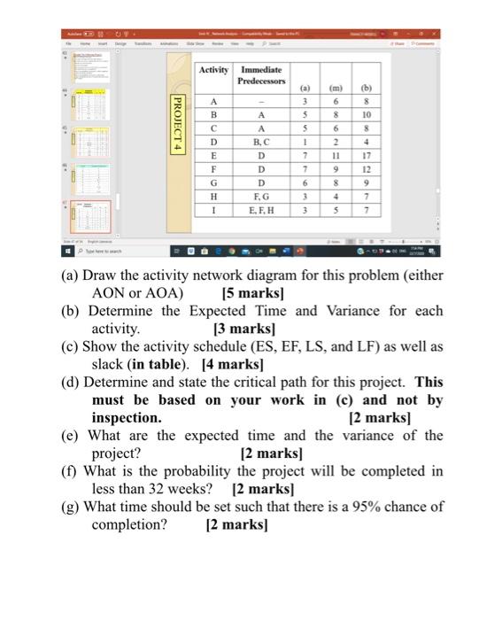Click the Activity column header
[213, 70]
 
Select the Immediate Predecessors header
[261, 75]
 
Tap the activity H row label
[213, 196]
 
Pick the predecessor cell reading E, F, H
[261, 211]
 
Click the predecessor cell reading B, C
[261, 141]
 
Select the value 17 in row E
[366, 155]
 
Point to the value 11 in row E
[336, 155]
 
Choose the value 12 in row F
[366, 168]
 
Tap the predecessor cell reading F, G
[261, 196]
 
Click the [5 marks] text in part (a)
[252, 292]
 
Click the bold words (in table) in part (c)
[161, 363]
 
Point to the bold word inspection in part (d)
[127, 417]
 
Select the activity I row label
[213, 211]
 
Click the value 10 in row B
[366, 114]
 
